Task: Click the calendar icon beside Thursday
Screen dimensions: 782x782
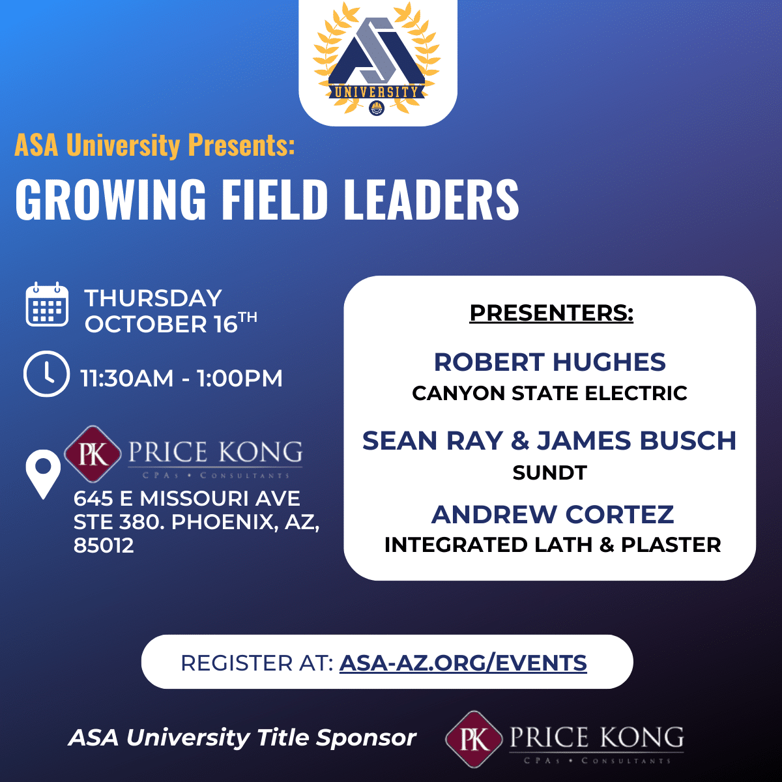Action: (x=47, y=304)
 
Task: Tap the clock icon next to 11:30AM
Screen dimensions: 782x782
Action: (x=46, y=374)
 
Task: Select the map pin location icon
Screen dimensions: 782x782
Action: (x=43, y=474)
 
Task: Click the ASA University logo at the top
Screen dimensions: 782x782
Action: (x=377, y=59)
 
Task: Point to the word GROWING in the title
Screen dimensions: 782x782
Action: (x=111, y=199)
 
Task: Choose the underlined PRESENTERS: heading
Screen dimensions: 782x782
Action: (x=551, y=313)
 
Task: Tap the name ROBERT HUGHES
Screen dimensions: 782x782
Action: (x=550, y=362)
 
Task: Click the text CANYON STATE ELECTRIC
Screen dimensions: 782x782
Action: (x=550, y=393)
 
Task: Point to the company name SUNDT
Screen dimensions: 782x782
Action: (x=550, y=472)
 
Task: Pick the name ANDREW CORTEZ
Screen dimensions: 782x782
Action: (x=553, y=515)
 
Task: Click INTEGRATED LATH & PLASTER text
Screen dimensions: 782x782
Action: (x=553, y=545)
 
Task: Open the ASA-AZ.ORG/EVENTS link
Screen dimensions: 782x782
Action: (x=463, y=663)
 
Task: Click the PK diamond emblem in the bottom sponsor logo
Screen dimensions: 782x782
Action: (x=474, y=740)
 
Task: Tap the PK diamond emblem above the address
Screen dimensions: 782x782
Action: (x=93, y=454)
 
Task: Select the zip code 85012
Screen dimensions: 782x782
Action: (x=104, y=545)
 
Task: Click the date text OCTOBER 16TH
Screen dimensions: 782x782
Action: (x=171, y=323)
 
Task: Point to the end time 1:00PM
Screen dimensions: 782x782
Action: (x=239, y=378)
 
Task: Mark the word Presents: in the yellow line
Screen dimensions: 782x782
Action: (x=241, y=145)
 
